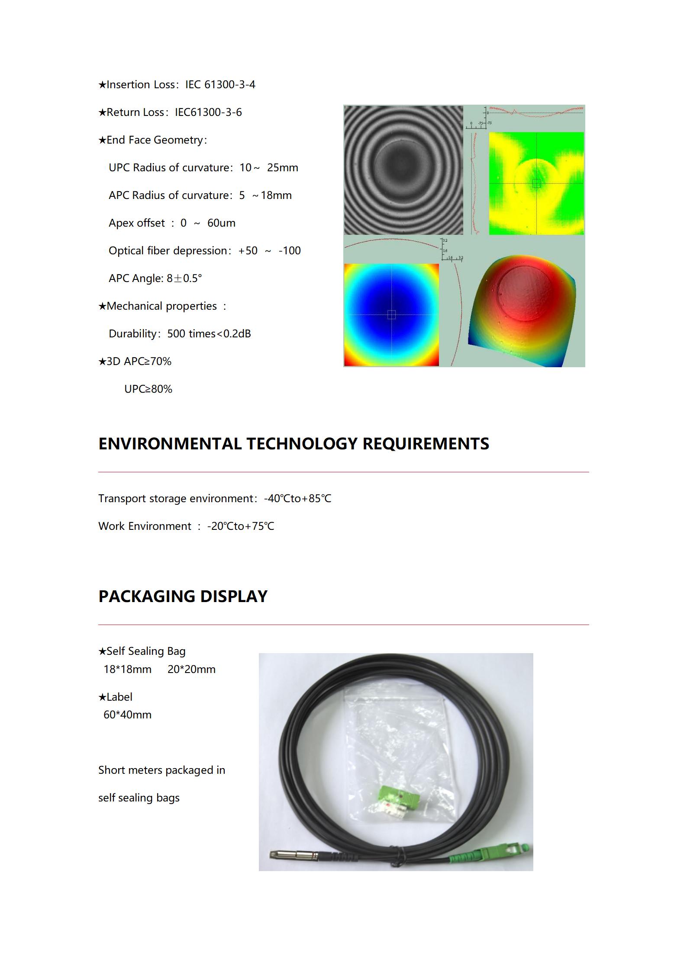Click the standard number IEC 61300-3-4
pyautogui.click(x=220, y=84)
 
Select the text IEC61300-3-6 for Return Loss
pyautogui.click(x=208, y=112)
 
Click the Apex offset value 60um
pyautogui.click(x=221, y=223)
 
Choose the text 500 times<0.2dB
pyautogui.click(x=209, y=334)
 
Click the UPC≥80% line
pyautogui.click(x=148, y=389)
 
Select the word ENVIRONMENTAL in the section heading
pyautogui.click(x=170, y=444)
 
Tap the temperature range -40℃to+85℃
pyautogui.click(x=297, y=499)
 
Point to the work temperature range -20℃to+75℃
pyautogui.click(x=241, y=526)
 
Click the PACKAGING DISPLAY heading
pyautogui.click(x=183, y=596)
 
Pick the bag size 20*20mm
pyautogui.click(x=191, y=670)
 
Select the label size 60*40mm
pyautogui.click(x=127, y=715)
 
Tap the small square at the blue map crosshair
pyautogui.click(x=391, y=315)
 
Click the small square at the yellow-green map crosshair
pyautogui.click(x=537, y=183)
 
